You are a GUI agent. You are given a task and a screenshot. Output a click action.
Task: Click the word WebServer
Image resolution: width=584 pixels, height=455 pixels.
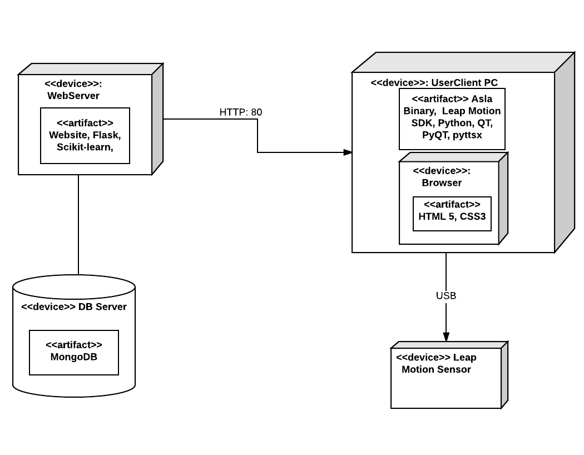click(73, 96)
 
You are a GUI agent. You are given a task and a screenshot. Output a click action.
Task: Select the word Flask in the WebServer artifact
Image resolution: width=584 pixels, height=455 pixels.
click(107, 135)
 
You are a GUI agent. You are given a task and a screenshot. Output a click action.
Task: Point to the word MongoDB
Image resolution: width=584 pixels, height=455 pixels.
click(74, 357)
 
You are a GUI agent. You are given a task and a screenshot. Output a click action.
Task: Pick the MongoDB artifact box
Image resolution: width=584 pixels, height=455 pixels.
click(74, 352)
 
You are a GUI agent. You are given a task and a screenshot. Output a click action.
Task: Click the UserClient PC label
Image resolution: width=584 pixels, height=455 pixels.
click(464, 83)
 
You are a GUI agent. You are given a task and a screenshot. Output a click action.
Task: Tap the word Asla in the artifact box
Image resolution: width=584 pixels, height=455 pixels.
click(482, 99)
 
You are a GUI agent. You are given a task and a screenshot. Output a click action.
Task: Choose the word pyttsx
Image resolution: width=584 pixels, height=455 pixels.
click(468, 135)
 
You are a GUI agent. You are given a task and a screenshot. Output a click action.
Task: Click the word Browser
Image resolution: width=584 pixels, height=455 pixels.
click(442, 183)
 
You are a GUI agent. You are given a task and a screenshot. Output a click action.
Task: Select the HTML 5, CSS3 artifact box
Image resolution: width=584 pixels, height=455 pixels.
click(452, 214)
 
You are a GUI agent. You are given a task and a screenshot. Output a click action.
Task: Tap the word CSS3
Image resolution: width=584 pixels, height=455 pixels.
click(473, 216)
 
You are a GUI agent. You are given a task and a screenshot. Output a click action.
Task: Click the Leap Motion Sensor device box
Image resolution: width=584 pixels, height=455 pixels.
click(446, 384)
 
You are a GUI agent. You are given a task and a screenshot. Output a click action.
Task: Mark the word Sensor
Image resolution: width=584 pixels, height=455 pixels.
click(453, 369)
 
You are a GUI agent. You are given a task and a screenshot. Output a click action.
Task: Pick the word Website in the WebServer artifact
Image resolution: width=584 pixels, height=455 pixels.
click(68, 135)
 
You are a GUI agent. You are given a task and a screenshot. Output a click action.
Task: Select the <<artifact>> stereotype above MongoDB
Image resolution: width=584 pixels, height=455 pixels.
click(74, 345)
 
